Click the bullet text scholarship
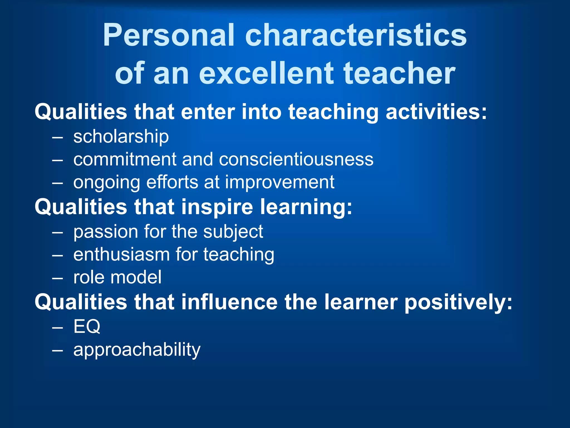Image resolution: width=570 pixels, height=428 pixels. coord(121,137)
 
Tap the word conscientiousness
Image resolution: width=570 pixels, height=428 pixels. coord(296,159)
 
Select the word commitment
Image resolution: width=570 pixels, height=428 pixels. coord(125,159)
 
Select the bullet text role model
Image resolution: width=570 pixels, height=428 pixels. coord(117,277)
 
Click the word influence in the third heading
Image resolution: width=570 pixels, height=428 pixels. coord(230,302)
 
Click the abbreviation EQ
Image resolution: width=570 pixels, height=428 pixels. coord(87,326)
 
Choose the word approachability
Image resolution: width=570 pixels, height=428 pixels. coord(137,349)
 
